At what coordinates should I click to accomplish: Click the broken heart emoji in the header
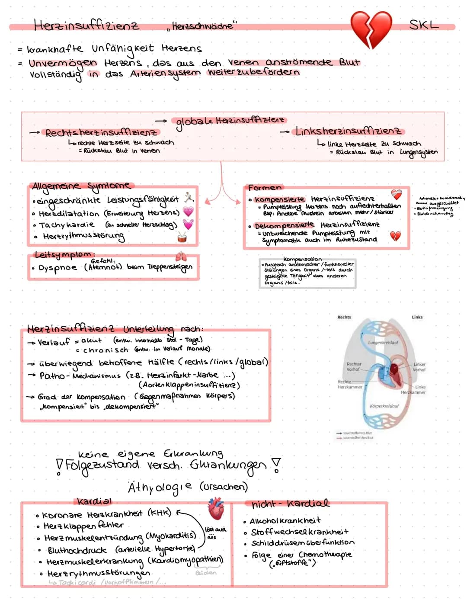371,29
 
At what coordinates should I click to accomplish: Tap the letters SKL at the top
423,25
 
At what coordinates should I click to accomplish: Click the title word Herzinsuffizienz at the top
86,26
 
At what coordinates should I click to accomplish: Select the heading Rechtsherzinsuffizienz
101,132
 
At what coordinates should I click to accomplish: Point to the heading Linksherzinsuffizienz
348,131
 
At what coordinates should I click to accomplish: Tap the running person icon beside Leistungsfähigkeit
189,198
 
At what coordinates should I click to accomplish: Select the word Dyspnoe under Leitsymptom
58,268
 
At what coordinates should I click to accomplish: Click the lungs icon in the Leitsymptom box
181,256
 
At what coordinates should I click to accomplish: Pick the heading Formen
264,188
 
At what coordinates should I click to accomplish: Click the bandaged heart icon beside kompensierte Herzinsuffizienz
396,194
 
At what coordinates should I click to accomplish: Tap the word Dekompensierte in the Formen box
284,226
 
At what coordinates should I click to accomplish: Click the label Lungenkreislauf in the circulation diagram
383,343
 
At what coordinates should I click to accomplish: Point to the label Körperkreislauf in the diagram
384,406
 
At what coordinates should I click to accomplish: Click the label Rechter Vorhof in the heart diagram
354,367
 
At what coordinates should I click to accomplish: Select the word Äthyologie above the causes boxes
160,488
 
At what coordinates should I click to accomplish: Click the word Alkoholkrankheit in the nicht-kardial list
285,521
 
